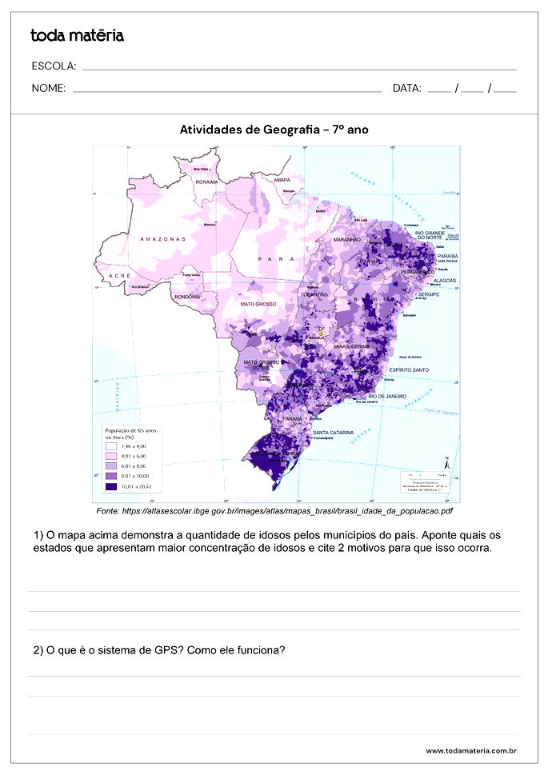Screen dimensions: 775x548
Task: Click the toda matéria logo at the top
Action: pos(77,35)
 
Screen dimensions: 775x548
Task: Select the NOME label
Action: pos(49,89)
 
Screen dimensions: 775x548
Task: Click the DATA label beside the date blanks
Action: pos(407,89)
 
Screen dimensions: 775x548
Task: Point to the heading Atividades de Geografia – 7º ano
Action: pos(274,130)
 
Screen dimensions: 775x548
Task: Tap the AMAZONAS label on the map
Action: pos(162,238)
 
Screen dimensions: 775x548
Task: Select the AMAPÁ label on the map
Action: pos(282,180)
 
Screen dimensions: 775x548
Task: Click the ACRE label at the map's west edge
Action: pos(120,275)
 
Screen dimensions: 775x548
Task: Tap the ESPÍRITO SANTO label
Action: pos(408,370)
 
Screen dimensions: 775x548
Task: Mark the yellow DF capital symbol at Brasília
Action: pos(321,334)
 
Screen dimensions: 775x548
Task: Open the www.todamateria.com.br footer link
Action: pos(470,751)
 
